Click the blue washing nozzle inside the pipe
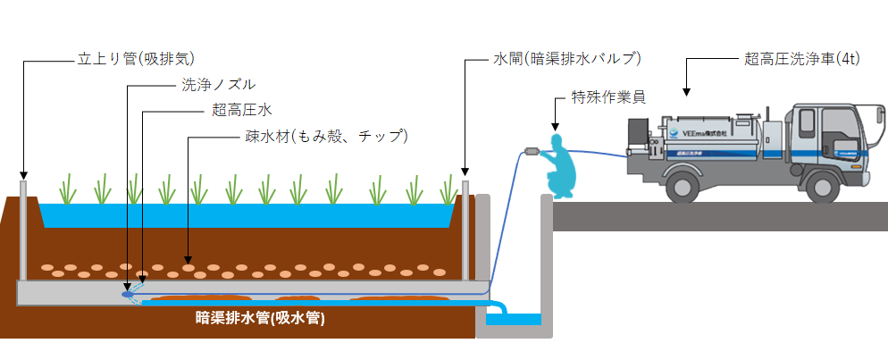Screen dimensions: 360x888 pos(128,291)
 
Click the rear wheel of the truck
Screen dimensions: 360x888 pos(682,184)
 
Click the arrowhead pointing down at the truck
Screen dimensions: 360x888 pos(687,90)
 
